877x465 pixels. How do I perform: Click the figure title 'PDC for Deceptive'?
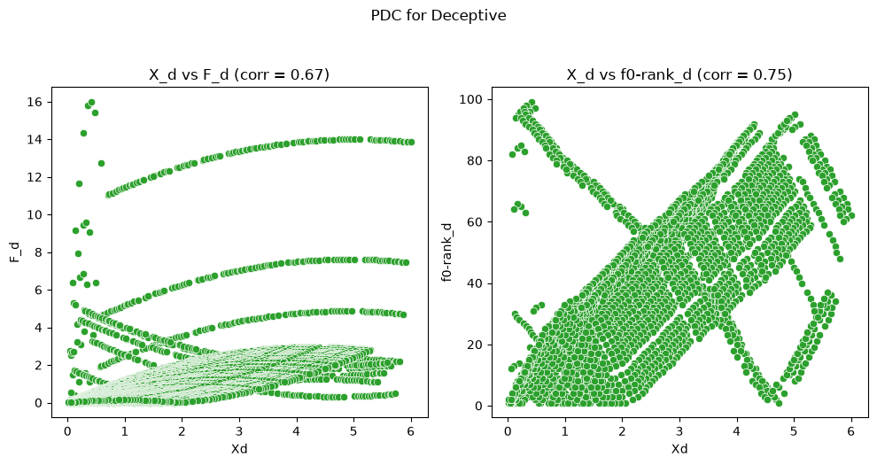pos(438,16)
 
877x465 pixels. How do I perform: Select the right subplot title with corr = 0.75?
pos(679,74)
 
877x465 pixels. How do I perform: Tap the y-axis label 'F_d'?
pos(14,252)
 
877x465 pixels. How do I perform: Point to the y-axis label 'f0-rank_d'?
pos(446,252)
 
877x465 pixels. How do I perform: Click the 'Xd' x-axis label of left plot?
pos(239,449)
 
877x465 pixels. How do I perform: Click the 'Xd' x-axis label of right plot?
pos(679,449)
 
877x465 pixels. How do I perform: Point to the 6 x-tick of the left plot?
pos(411,431)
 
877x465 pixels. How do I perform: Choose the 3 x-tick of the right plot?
pos(679,431)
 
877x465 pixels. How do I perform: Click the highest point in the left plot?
pos(91,103)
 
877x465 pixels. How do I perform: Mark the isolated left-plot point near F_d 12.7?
pos(101,163)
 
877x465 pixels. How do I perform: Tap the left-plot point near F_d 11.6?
pos(79,184)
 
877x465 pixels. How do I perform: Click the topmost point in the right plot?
pos(532,103)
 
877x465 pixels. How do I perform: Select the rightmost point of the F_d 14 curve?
pos(411,142)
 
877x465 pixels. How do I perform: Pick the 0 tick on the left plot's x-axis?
pos(67,431)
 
